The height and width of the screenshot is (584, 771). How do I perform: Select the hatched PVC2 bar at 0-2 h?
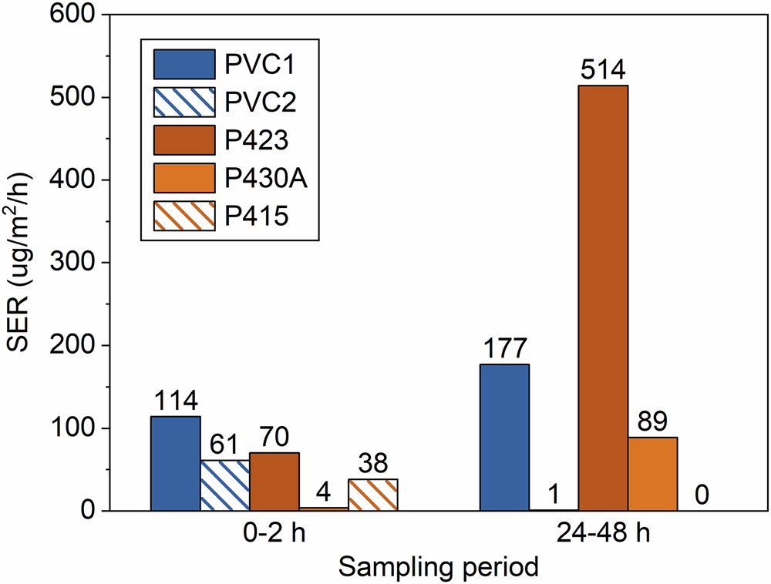224,485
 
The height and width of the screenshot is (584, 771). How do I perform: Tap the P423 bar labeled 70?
274,482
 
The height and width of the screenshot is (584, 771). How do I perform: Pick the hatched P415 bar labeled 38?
372,495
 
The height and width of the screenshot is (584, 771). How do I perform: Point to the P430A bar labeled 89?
652,474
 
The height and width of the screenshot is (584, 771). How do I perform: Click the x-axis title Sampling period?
439,569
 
